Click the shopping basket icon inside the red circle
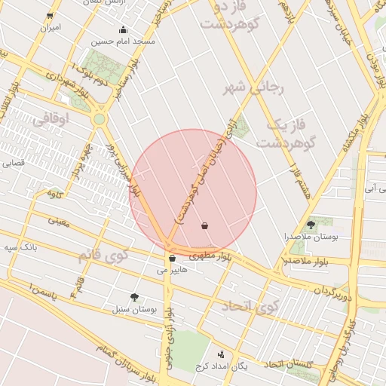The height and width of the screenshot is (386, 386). [x=205, y=225]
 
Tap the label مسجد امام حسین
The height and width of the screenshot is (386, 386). [x=123, y=41]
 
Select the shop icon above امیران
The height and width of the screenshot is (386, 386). [x=50, y=16]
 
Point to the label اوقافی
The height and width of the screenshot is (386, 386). [x=51, y=118]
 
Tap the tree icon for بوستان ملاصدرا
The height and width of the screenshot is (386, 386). [x=311, y=225]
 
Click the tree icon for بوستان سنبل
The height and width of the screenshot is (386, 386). [x=135, y=297]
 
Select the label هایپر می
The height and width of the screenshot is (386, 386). [x=171, y=269]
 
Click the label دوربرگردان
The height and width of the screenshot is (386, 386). [x=333, y=290]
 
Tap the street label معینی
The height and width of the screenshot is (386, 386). [x=58, y=221]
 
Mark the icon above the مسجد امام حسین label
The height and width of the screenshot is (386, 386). [x=124, y=31]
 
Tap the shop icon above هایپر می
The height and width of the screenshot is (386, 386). [x=173, y=259]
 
